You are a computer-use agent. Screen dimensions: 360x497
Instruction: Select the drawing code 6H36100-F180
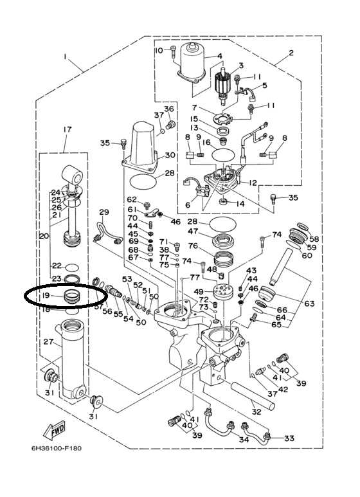point(57,449)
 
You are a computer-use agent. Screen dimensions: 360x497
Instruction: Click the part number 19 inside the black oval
point(46,295)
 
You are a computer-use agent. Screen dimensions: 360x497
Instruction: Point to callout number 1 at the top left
point(65,57)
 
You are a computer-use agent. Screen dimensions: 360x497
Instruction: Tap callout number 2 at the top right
point(291,53)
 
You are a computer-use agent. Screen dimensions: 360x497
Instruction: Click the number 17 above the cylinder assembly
point(67,129)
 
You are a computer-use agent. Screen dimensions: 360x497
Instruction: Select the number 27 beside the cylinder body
point(48,341)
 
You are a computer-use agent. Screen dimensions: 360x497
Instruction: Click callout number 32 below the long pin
point(256,411)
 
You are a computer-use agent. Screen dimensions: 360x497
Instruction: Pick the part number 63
point(309,303)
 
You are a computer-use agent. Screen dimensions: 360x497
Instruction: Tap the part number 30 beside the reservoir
point(170,156)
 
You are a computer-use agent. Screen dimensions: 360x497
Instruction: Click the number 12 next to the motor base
point(253,183)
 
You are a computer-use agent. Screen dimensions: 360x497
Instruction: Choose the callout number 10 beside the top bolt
point(159,50)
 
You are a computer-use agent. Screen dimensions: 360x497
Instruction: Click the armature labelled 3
point(224,87)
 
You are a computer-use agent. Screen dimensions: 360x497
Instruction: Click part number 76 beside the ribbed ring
point(193,246)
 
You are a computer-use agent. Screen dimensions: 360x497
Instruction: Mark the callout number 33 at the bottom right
point(289,438)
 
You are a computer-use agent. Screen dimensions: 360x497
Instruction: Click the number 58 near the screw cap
point(314,239)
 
